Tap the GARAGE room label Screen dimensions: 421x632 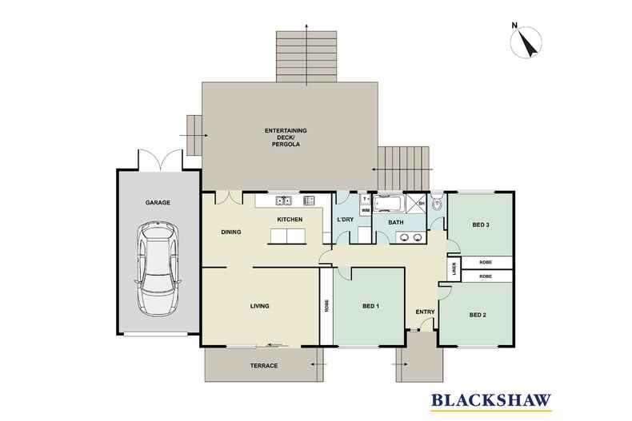pos(158,203)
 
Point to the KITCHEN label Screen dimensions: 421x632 pos(287,219)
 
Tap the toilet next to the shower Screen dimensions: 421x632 pos(436,204)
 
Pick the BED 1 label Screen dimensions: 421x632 pos(370,306)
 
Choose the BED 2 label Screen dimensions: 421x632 pos(478,315)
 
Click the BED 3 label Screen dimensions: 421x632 pos(480,225)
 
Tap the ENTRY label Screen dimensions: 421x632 pos(424,312)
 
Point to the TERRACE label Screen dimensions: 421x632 pos(263,365)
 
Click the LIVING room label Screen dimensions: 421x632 pos(258,306)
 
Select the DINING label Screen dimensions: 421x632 pos(232,232)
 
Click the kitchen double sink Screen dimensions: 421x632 pos(283,201)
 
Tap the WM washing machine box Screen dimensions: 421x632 pos(365,210)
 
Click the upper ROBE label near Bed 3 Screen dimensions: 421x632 pos(486,262)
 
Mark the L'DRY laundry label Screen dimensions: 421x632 pos(346,219)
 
